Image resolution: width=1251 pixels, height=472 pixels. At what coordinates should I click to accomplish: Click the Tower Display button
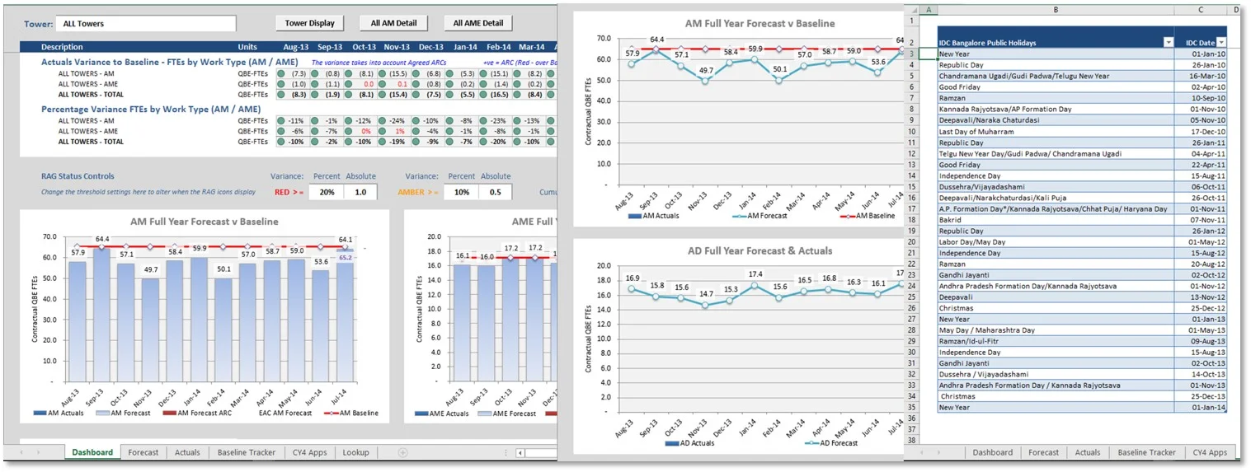(x=309, y=23)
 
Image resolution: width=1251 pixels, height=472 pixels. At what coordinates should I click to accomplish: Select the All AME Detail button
(x=477, y=23)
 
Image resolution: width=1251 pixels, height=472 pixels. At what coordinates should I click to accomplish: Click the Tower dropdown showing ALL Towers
(x=146, y=23)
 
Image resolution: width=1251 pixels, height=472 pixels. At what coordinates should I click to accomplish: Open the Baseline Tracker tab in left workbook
(x=247, y=452)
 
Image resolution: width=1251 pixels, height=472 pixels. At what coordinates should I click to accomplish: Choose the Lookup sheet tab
(x=355, y=452)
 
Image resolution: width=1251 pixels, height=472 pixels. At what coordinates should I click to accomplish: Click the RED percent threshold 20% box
(x=327, y=192)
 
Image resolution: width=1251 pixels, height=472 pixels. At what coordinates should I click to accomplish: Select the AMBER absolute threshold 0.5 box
(x=496, y=192)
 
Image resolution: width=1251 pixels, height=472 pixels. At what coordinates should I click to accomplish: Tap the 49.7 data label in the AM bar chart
(x=151, y=269)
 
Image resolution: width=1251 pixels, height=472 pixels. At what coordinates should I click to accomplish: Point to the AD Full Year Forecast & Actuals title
(x=760, y=251)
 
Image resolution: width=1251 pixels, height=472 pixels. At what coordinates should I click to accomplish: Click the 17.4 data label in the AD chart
(x=755, y=274)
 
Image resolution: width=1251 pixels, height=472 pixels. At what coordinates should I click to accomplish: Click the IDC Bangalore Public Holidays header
(x=987, y=43)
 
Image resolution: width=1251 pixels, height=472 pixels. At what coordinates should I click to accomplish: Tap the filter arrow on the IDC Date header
(x=1221, y=42)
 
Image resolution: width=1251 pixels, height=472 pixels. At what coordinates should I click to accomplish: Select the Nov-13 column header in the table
(x=397, y=47)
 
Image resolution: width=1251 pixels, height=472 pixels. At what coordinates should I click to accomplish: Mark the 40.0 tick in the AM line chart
(x=604, y=101)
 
